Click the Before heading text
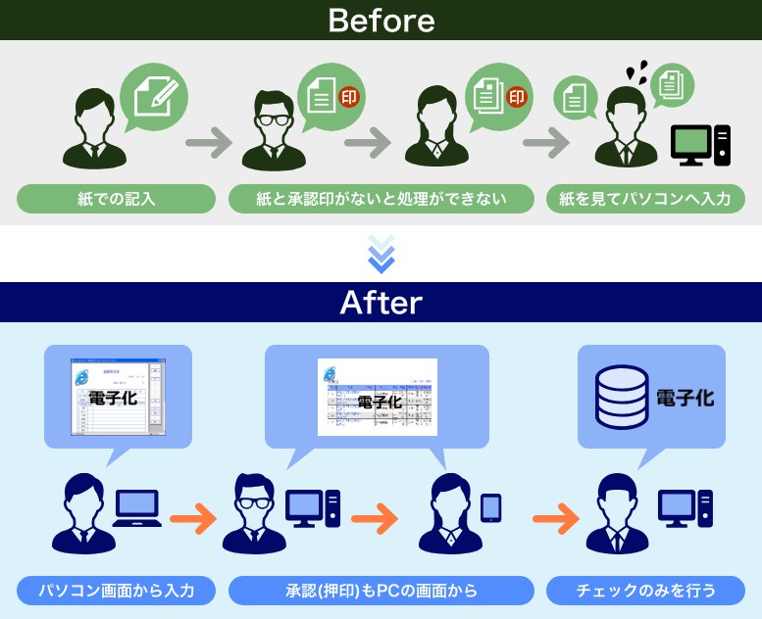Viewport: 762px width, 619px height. [x=381, y=20]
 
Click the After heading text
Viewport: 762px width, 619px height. [x=381, y=303]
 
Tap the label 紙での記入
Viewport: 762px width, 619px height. [x=116, y=200]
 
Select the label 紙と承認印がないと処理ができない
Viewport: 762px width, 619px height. [x=381, y=200]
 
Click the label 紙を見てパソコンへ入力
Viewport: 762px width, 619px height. [x=645, y=200]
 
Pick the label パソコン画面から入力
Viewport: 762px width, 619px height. [x=116, y=591]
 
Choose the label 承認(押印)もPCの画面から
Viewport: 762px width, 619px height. [x=381, y=591]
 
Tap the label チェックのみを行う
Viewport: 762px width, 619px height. [x=645, y=591]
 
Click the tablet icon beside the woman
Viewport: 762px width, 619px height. [x=490, y=507]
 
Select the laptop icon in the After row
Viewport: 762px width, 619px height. [x=136, y=507]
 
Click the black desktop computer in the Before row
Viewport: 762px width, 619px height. [x=700, y=145]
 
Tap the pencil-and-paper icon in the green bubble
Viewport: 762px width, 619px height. [x=154, y=93]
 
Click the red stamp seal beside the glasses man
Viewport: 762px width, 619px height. [x=348, y=97]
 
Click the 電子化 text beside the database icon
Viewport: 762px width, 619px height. [x=685, y=399]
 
